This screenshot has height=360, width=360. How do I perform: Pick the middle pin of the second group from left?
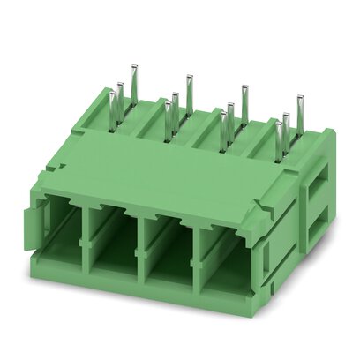(176, 110)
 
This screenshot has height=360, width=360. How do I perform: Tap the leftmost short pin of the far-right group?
(279, 141)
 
